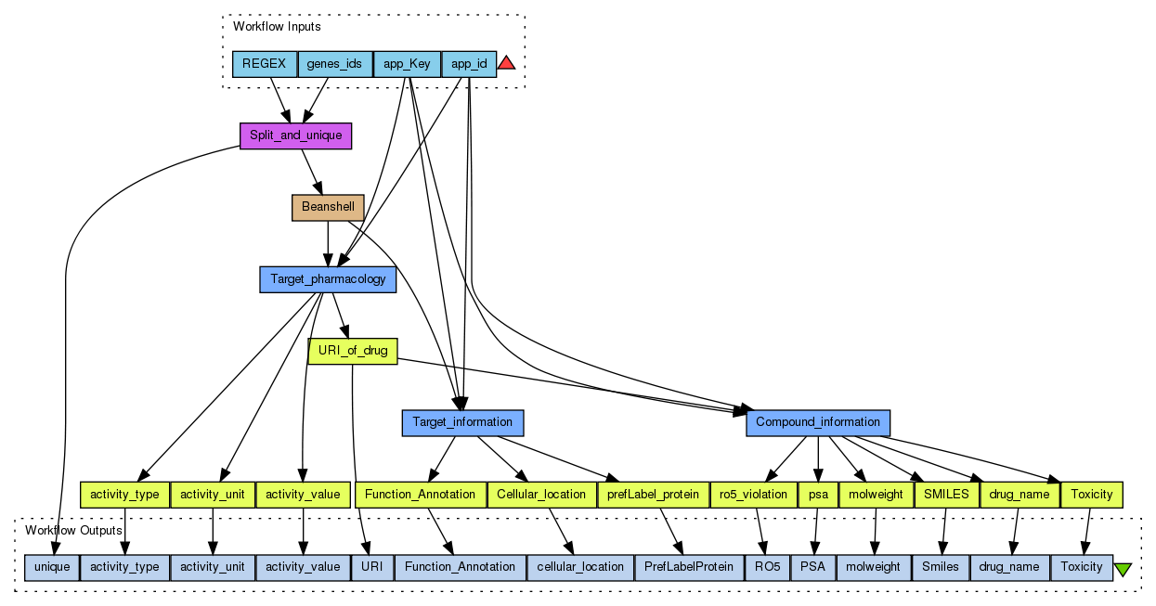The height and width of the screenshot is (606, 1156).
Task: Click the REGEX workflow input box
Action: coord(264,64)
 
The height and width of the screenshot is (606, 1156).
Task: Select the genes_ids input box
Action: coord(334,64)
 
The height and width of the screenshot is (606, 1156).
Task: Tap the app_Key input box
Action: coord(407,64)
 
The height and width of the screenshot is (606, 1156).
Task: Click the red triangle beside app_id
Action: coord(506,63)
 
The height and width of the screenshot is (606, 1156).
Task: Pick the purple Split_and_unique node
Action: coord(295,135)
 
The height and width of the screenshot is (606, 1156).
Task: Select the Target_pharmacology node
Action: coord(328,278)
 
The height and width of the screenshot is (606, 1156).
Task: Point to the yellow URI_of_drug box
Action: coord(352,351)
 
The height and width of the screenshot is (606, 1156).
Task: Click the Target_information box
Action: coord(462,422)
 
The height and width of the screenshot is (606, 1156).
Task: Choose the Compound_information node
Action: coord(817,422)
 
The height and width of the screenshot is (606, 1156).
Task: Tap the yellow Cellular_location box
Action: coord(541,495)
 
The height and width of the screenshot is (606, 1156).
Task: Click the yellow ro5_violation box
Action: coord(753,495)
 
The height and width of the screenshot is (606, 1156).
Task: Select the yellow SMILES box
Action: coord(946,495)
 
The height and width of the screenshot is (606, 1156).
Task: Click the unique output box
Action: coord(52,566)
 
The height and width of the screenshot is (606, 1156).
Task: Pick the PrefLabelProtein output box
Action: coord(689,566)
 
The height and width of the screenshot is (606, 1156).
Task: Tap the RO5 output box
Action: coord(767,566)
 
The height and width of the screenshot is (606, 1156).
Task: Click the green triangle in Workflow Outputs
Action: coord(1123,569)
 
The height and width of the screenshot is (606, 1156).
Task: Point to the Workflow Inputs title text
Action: coord(277,27)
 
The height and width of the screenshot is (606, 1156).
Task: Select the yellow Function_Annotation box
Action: coord(420,495)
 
